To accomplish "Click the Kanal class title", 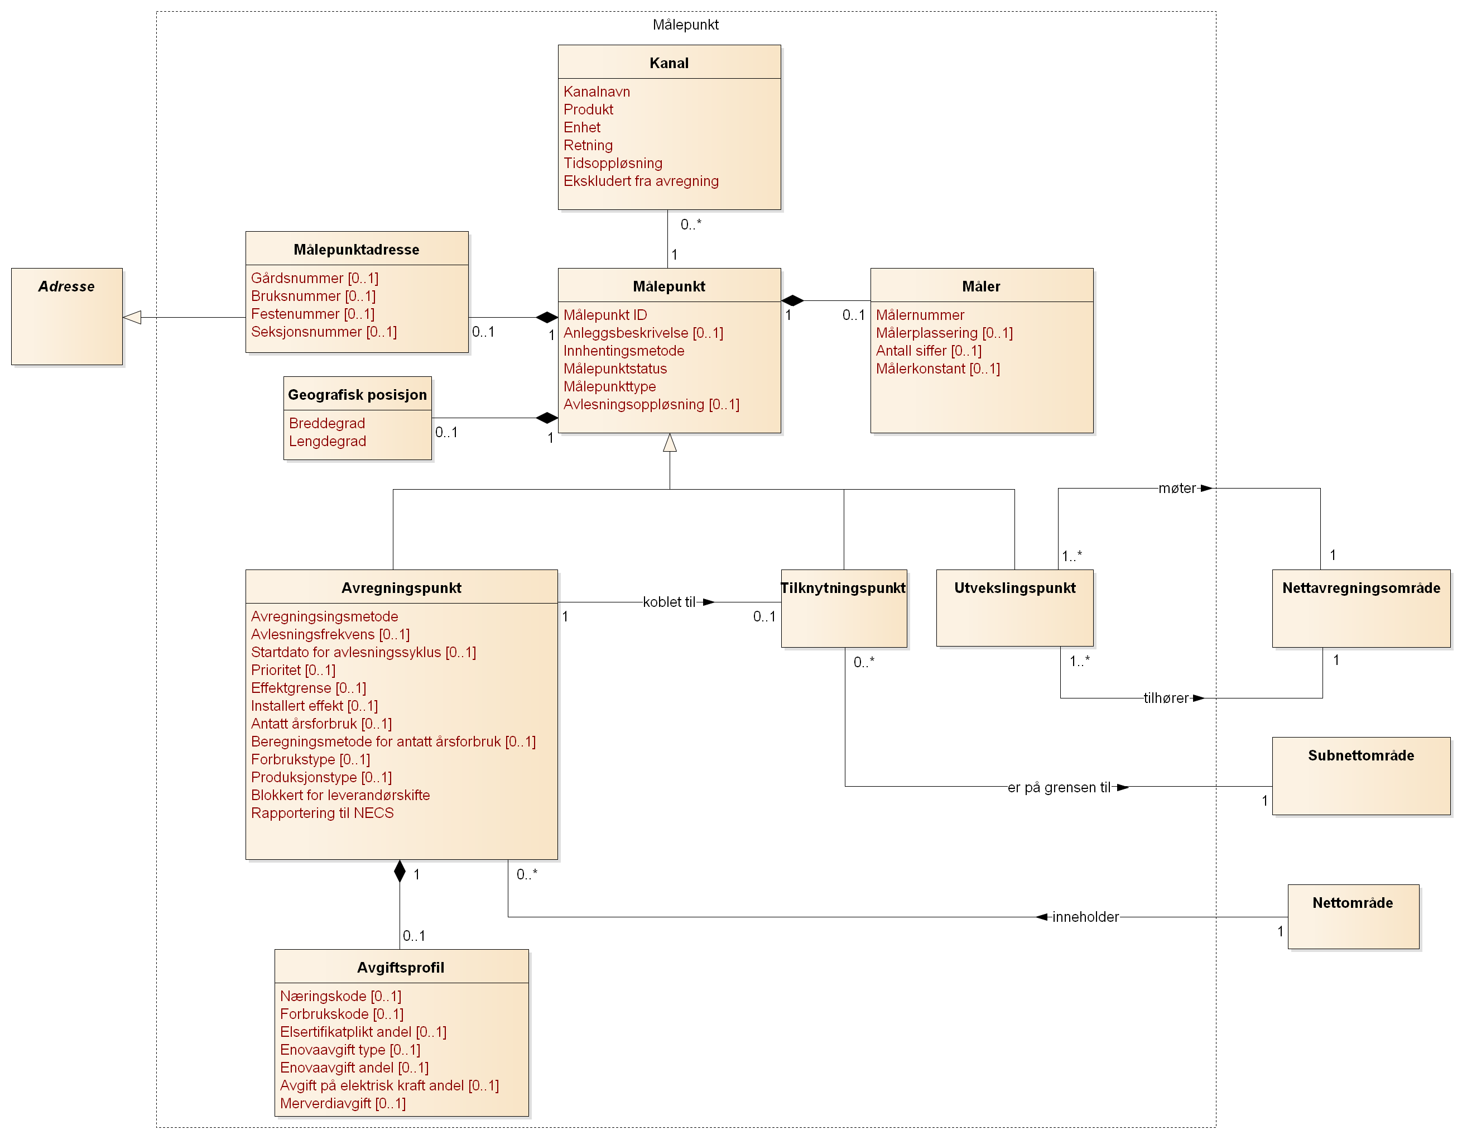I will [x=669, y=63].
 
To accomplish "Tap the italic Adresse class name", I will [x=66, y=286].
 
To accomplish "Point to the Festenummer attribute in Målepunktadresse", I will [x=312, y=314].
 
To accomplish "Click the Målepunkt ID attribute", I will [x=604, y=315].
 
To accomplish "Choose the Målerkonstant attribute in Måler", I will [x=937, y=368].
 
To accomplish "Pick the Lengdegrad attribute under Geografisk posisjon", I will [x=328, y=441].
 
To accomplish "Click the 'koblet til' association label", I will [x=669, y=602].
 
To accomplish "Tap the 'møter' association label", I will [x=1176, y=488].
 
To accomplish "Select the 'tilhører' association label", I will [x=1166, y=698].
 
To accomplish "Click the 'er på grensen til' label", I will [x=1059, y=787].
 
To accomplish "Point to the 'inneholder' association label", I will [x=1085, y=917].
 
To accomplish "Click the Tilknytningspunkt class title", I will [x=843, y=588].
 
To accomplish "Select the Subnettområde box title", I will [x=1361, y=755].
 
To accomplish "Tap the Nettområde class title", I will [x=1352, y=903].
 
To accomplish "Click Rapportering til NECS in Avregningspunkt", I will [x=322, y=813].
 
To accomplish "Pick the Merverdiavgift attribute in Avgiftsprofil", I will [x=342, y=1103].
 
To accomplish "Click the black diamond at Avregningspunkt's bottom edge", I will [x=400, y=871].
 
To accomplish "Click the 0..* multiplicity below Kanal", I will [x=691, y=225].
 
